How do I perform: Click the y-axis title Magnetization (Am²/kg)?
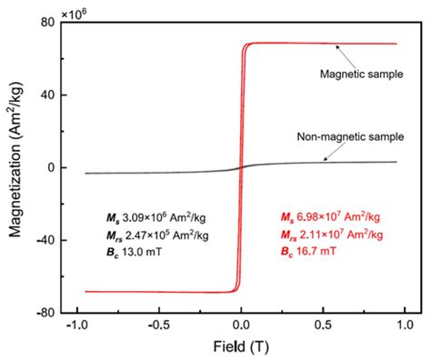coord(15,166)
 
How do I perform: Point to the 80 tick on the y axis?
coord(53,22)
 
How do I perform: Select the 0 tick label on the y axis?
coord(55,167)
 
